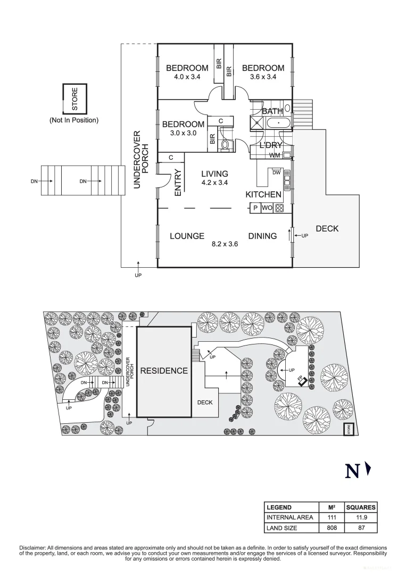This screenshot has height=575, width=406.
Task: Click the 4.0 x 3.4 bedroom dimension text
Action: (x=187, y=77)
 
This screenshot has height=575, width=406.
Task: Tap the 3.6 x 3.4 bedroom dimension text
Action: (x=263, y=77)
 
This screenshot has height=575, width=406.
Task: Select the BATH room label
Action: (x=272, y=111)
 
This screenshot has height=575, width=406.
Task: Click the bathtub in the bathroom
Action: (x=278, y=124)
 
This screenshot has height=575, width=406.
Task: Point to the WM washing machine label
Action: (x=275, y=155)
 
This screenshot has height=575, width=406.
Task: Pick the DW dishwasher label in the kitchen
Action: (x=276, y=172)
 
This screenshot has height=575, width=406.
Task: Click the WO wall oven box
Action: (x=267, y=208)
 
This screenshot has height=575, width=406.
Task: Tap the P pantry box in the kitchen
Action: (x=255, y=208)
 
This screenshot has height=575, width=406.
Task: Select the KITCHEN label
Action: (x=263, y=195)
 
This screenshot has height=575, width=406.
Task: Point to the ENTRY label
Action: (x=178, y=182)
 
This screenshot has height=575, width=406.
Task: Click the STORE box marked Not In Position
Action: (x=74, y=99)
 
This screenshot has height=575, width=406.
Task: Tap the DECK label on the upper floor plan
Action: (x=327, y=229)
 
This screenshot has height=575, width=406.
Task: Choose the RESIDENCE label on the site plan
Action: (x=164, y=371)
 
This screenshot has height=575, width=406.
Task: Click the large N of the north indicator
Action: (x=352, y=471)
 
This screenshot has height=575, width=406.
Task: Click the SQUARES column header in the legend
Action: (x=360, y=507)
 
